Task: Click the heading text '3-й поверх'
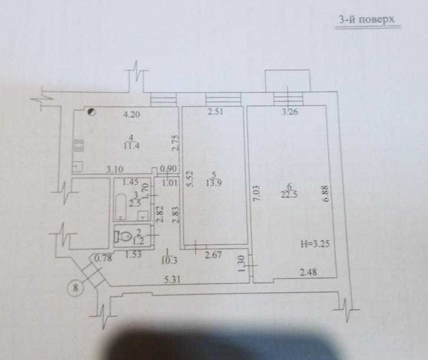click(x=367, y=19)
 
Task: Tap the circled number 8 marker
click(x=75, y=287)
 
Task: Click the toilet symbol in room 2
click(x=124, y=236)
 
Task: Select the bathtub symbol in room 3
click(x=120, y=207)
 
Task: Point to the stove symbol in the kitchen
click(x=79, y=145)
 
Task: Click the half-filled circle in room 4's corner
click(x=91, y=112)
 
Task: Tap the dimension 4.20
click(x=131, y=114)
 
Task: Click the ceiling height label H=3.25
click(x=315, y=244)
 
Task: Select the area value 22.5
click(x=289, y=195)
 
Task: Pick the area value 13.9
click(x=214, y=183)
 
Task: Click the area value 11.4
click(x=131, y=146)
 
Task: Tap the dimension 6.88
click(x=326, y=194)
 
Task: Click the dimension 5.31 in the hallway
click(x=172, y=279)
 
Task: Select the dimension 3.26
click(x=290, y=112)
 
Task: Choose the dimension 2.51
click(x=215, y=112)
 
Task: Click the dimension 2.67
click(x=213, y=256)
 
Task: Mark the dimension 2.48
click(x=308, y=272)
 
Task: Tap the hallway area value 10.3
click(x=169, y=260)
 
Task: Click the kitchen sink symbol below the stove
click(x=78, y=166)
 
